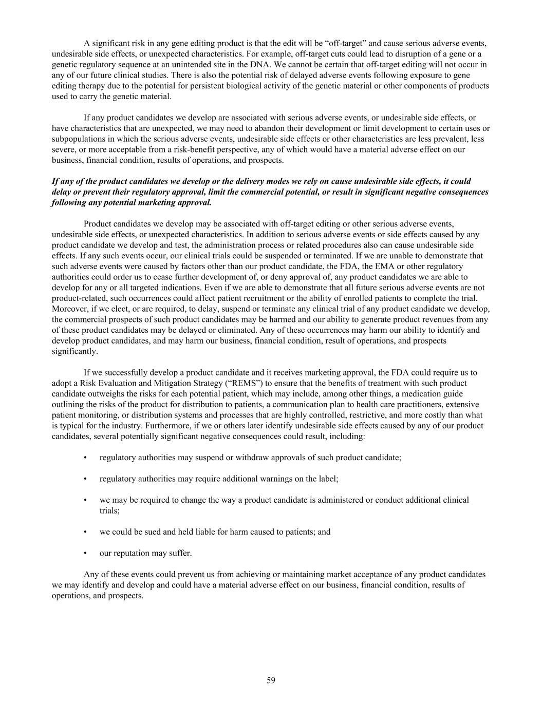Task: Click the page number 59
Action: (x=271, y=680)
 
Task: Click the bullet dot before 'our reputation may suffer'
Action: (x=85, y=553)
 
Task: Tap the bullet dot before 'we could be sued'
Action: (x=85, y=532)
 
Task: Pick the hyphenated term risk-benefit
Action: (x=197, y=149)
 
